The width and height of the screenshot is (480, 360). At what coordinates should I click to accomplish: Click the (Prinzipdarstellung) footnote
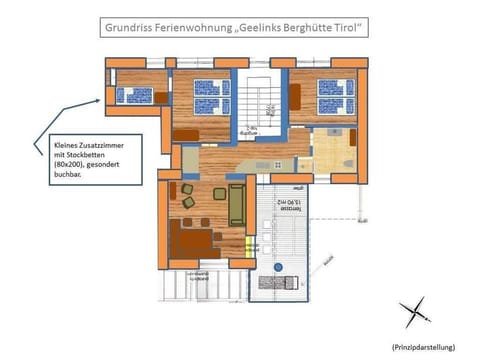tap(421, 345)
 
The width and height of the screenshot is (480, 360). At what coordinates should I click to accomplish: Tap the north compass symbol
tap(413, 314)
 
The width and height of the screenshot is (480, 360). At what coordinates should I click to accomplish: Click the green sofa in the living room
tap(237, 205)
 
